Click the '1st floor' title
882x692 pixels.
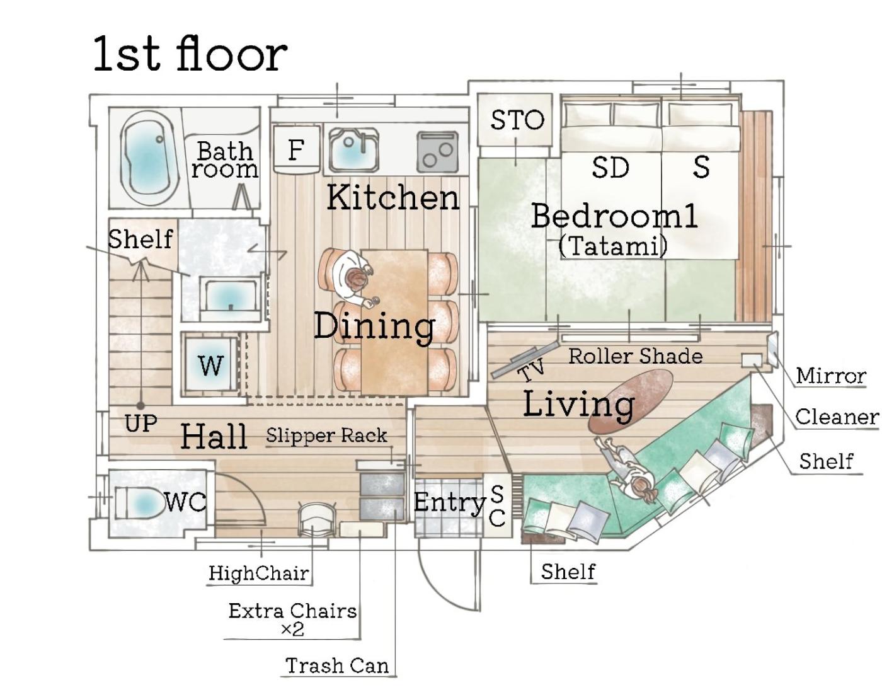190,54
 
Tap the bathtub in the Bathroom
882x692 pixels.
149,158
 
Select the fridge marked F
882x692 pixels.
296,149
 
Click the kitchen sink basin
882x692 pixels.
353,150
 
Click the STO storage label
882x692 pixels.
517,120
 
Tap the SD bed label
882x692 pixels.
610,167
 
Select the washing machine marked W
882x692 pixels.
210,365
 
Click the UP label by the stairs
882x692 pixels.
141,423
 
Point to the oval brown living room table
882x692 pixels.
631,401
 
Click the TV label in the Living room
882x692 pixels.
531,371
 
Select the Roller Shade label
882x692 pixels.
636,356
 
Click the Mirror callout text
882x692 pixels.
831,376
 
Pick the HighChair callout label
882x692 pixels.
258,573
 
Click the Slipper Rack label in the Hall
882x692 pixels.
326,435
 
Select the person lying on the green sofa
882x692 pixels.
627,470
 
